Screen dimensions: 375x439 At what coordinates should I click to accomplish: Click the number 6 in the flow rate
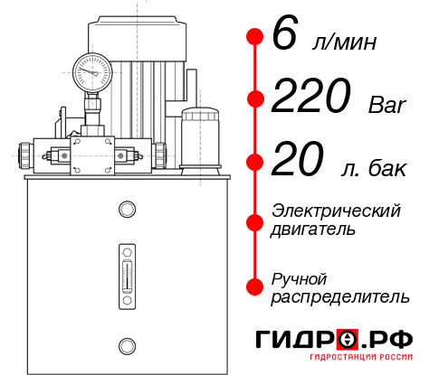283,37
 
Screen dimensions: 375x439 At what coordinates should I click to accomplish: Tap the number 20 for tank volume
297,161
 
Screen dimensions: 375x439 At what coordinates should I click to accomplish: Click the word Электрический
336,211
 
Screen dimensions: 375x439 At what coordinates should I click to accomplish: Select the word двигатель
314,230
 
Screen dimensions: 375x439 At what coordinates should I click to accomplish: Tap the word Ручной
300,277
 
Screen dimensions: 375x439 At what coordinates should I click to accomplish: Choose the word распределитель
340,296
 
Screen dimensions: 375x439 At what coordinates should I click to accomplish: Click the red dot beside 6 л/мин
254,37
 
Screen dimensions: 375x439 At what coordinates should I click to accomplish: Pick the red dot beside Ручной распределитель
254,286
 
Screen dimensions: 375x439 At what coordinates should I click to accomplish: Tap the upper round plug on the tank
126,210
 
